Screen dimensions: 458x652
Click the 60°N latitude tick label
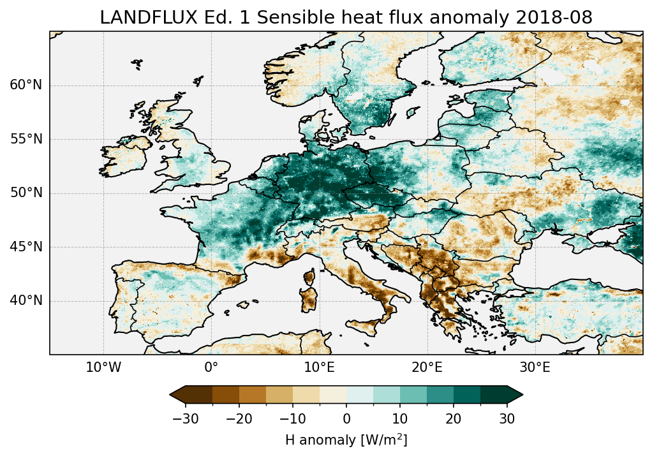26,85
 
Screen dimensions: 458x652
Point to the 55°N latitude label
26,139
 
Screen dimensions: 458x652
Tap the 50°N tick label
26,193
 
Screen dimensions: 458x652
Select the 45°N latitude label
26,247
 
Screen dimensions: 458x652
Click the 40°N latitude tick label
26,300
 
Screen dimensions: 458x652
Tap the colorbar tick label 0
346,419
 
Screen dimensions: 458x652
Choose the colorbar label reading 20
454,419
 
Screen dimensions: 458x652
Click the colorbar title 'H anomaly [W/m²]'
346,440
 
